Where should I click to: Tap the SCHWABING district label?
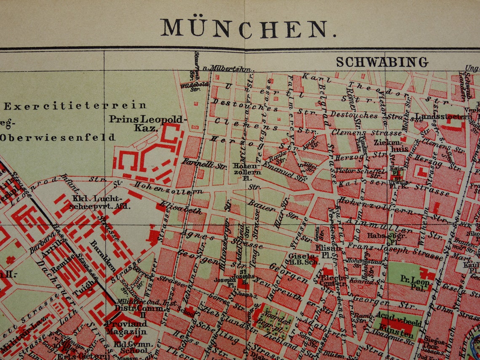click(x=381, y=62)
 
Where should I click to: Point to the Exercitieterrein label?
click(x=75, y=106)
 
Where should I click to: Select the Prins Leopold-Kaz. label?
click(x=146, y=123)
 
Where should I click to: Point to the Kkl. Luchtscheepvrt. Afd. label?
click(x=97, y=203)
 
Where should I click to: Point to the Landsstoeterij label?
click(x=443, y=116)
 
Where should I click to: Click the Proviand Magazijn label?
click(x=126, y=328)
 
